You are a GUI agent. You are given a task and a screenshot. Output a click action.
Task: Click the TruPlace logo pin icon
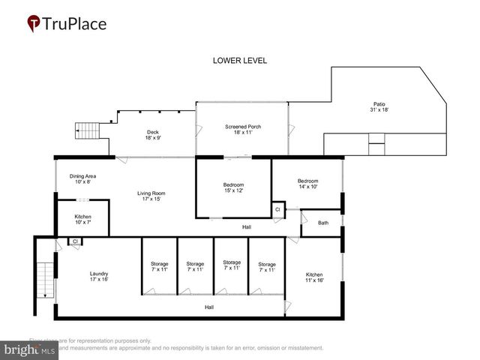[34, 24]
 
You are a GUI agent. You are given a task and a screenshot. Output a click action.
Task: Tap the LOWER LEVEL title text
[240, 61]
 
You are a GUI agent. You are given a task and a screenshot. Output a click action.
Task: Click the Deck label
[152, 135]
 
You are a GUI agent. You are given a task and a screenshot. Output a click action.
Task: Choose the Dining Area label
[82, 179]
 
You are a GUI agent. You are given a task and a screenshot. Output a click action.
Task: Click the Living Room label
[151, 196]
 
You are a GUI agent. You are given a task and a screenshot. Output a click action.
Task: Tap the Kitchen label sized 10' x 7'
[82, 220]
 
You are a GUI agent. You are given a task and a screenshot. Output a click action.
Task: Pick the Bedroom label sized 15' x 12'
[233, 187]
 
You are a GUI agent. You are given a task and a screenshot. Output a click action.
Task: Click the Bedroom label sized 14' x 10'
[307, 184]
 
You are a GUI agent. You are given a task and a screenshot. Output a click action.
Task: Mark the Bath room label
[323, 223]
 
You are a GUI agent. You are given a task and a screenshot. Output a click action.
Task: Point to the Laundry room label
[100, 275]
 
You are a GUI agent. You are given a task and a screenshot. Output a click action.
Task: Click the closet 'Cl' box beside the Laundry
[75, 241]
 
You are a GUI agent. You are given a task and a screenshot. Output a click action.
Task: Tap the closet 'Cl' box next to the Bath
[278, 210]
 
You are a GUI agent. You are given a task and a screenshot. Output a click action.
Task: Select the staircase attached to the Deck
[88, 132]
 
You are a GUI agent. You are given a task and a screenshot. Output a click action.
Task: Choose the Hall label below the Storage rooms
[210, 307]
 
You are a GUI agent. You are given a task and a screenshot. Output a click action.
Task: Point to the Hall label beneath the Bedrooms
[246, 227]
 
